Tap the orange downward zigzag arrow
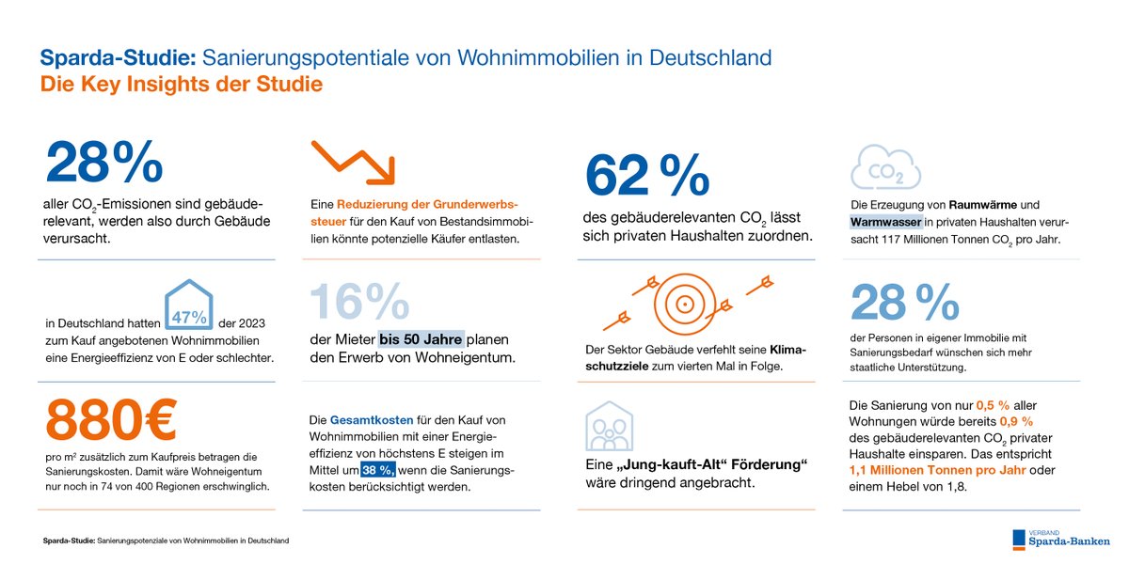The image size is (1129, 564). tap(353, 161)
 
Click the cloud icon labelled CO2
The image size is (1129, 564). tap(885, 167)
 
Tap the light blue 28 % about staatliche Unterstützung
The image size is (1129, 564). tap(904, 302)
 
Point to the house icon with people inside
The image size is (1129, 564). tap(608, 426)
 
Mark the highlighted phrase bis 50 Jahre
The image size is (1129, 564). tap(421, 339)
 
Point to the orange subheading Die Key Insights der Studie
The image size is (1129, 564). tap(181, 85)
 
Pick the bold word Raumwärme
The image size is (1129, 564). tap(979, 204)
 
